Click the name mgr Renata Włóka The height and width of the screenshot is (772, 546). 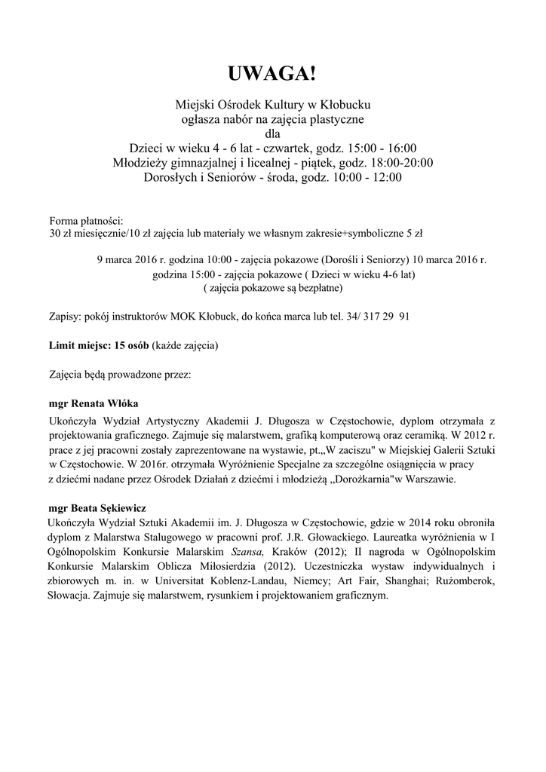93,403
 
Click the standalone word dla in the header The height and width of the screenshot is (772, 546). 273,133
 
